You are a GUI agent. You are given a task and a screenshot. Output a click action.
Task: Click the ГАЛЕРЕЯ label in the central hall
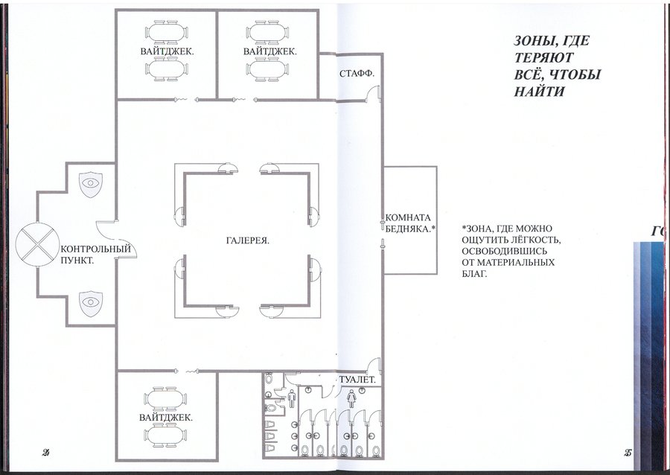(247, 241)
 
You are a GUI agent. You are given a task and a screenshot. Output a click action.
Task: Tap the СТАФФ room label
(357, 74)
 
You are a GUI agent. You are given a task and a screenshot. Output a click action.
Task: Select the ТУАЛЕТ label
(357, 379)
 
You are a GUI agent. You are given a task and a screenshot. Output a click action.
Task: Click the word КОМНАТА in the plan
(408, 218)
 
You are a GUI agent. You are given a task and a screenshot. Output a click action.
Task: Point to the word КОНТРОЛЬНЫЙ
(96, 249)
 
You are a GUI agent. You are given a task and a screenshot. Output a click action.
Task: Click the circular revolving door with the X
(38, 244)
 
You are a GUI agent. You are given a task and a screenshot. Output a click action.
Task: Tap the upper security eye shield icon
(91, 184)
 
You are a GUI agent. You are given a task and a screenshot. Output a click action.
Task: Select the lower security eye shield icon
(91, 303)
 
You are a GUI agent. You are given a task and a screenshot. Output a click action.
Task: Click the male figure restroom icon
(292, 399)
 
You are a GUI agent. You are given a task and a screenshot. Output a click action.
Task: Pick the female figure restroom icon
(351, 399)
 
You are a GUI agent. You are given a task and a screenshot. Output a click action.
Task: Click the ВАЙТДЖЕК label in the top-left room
(167, 51)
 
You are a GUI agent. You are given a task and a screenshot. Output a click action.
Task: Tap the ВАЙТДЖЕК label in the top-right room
(270, 51)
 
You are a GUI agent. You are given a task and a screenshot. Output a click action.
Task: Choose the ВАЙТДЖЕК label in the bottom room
(166, 418)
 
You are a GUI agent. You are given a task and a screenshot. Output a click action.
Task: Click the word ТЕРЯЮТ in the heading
(543, 57)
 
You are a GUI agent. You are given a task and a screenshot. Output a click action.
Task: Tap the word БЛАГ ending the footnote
(474, 273)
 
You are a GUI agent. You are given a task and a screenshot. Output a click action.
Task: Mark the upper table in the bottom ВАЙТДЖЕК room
(166, 398)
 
